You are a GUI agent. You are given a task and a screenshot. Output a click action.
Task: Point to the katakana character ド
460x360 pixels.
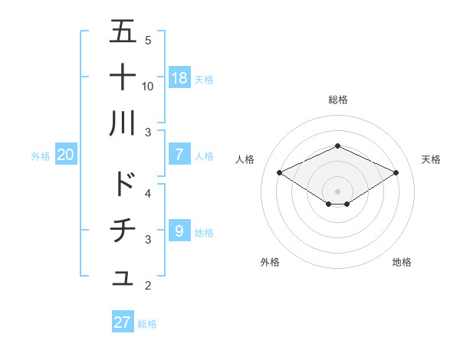tap(123, 184)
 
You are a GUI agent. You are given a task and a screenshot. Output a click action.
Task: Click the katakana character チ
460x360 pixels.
tap(123, 230)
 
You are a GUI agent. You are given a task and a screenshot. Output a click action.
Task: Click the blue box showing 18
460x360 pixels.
tap(179, 77)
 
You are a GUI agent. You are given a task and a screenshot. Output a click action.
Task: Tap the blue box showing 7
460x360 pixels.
tap(179, 155)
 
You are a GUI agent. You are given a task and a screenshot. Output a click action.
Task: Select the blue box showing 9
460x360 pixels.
tap(179, 231)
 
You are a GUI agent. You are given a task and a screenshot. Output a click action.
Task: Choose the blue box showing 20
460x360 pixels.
tap(66, 155)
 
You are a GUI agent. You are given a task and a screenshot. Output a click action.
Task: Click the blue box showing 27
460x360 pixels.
tap(123, 322)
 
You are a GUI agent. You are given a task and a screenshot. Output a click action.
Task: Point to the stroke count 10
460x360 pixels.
tap(148, 86)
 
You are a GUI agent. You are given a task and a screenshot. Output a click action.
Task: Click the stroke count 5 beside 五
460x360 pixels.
tap(148, 40)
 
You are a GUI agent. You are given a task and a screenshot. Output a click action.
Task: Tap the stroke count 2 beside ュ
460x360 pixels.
tap(148, 286)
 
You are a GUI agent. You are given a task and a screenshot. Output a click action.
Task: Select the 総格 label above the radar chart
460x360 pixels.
tap(337, 100)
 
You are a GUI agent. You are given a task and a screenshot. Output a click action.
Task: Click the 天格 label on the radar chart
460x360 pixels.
tap(431, 159)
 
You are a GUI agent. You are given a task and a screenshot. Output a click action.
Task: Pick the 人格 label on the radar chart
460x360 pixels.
tap(245, 159)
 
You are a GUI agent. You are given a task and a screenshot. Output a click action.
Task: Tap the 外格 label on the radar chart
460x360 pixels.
tap(269, 262)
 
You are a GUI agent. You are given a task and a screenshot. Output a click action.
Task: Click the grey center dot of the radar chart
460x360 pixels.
tap(337, 190)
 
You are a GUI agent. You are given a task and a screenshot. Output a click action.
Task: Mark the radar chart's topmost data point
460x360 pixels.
tap(337, 146)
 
